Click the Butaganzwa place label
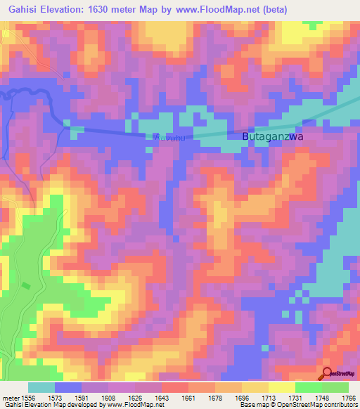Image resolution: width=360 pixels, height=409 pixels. (x=272, y=138)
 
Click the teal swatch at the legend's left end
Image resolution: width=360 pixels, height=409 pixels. (x=41, y=387)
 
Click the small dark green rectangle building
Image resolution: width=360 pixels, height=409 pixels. (x=26, y=285)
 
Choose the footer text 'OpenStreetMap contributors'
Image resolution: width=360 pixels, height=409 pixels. (x=323, y=405)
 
